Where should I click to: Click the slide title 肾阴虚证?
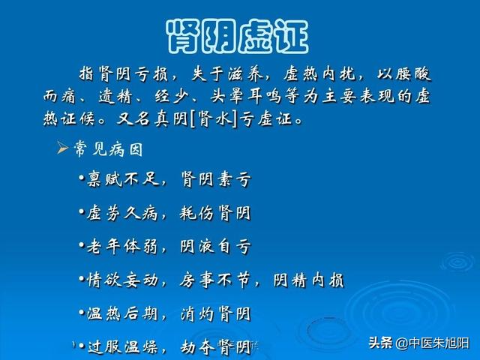(x=237, y=37)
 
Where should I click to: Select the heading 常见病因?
(x=108, y=149)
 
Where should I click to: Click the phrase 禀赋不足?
(x=123, y=178)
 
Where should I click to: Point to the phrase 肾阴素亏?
(x=216, y=178)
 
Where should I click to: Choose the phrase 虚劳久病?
(x=122, y=213)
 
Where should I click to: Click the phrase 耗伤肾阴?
(x=215, y=213)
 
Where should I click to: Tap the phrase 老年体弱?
(x=122, y=247)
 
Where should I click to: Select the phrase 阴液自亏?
(x=216, y=247)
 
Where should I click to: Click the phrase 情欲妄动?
(x=122, y=280)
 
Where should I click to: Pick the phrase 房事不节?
(x=215, y=280)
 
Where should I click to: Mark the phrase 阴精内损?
(x=308, y=280)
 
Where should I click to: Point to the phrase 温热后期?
(x=122, y=313)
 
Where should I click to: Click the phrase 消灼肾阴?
(x=215, y=313)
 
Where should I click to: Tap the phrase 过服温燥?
(x=123, y=346)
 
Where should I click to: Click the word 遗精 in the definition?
(x=115, y=96)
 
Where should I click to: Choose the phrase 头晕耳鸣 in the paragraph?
(x=246, y=96)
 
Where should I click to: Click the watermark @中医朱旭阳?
(x=433, y=343)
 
